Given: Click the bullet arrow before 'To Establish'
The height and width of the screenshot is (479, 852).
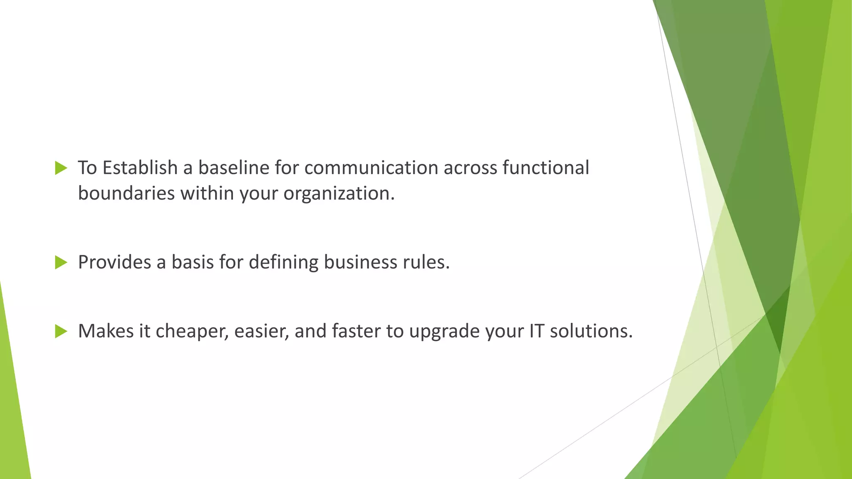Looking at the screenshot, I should tap(61, 168).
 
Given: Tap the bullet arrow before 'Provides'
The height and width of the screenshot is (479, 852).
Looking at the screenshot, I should tap(61, 262).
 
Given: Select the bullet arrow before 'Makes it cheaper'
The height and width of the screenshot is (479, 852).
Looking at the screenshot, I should tap(61, 331).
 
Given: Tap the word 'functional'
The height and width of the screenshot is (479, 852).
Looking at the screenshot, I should tap(545, 168).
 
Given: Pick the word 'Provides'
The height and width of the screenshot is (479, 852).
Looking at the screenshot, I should tap(114, 262).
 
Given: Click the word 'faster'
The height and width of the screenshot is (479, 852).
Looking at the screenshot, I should tap(356, 331).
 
